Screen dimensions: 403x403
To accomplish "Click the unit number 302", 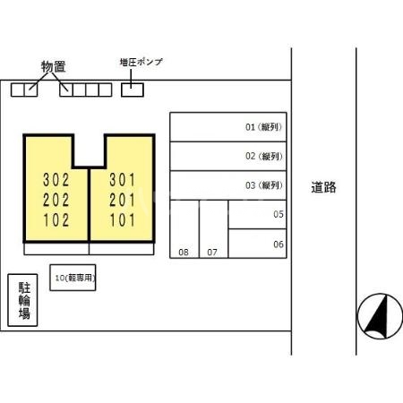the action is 56,180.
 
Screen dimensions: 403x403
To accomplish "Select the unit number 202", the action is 56,200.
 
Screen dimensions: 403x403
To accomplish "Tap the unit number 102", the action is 56,220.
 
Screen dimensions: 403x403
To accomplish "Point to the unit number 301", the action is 123,180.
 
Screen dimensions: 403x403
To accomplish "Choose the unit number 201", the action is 123,200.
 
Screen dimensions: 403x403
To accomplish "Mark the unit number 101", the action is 123,220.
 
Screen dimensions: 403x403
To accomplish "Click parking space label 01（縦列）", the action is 264,127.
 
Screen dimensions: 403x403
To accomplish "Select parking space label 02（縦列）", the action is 264,156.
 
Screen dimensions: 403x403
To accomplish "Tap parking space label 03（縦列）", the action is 264,185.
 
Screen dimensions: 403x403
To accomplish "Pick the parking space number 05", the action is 279,214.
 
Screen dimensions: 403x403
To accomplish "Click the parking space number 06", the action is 279,244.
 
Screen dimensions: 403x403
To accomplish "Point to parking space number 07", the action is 212,253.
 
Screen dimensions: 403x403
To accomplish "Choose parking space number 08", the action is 184,253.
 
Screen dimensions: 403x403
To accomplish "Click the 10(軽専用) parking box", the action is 73,278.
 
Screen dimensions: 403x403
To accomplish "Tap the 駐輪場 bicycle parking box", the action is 22,300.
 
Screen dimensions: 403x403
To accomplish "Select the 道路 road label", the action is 323,187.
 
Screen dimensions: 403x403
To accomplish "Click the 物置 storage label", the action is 54,66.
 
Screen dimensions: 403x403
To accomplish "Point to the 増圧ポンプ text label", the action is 141,62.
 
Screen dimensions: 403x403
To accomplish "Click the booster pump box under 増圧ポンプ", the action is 133,90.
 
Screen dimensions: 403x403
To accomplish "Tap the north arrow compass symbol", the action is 380,316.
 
